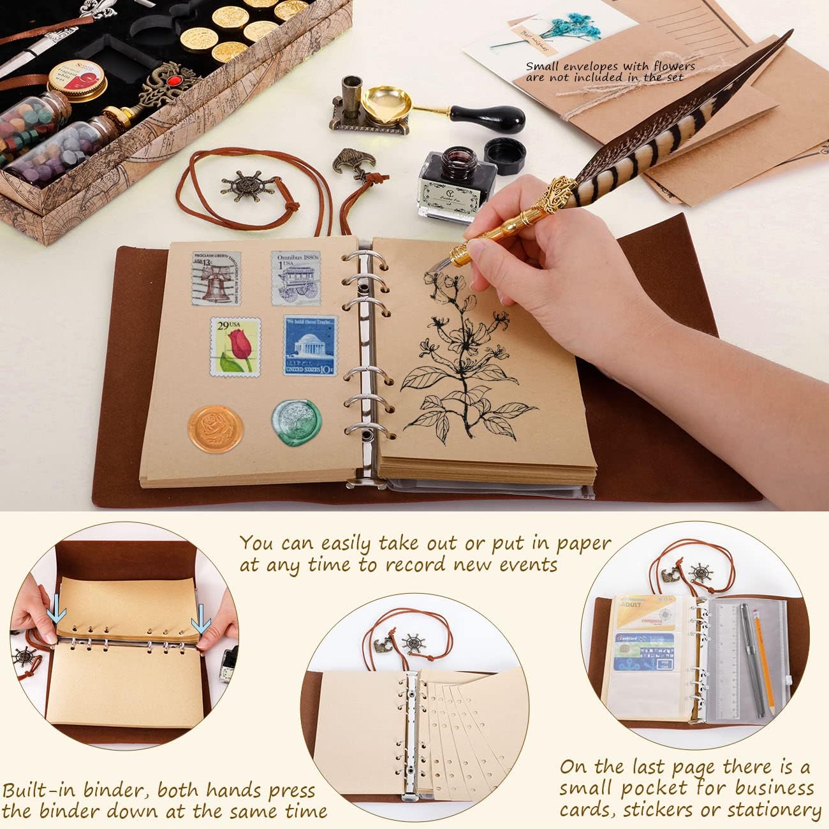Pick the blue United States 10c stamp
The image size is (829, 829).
[x=311, y=346]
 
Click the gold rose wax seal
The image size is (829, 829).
[x=216, y=426]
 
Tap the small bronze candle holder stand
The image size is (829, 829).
[x=351, y=108]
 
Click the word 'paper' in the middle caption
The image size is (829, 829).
[x=576, y=544]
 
